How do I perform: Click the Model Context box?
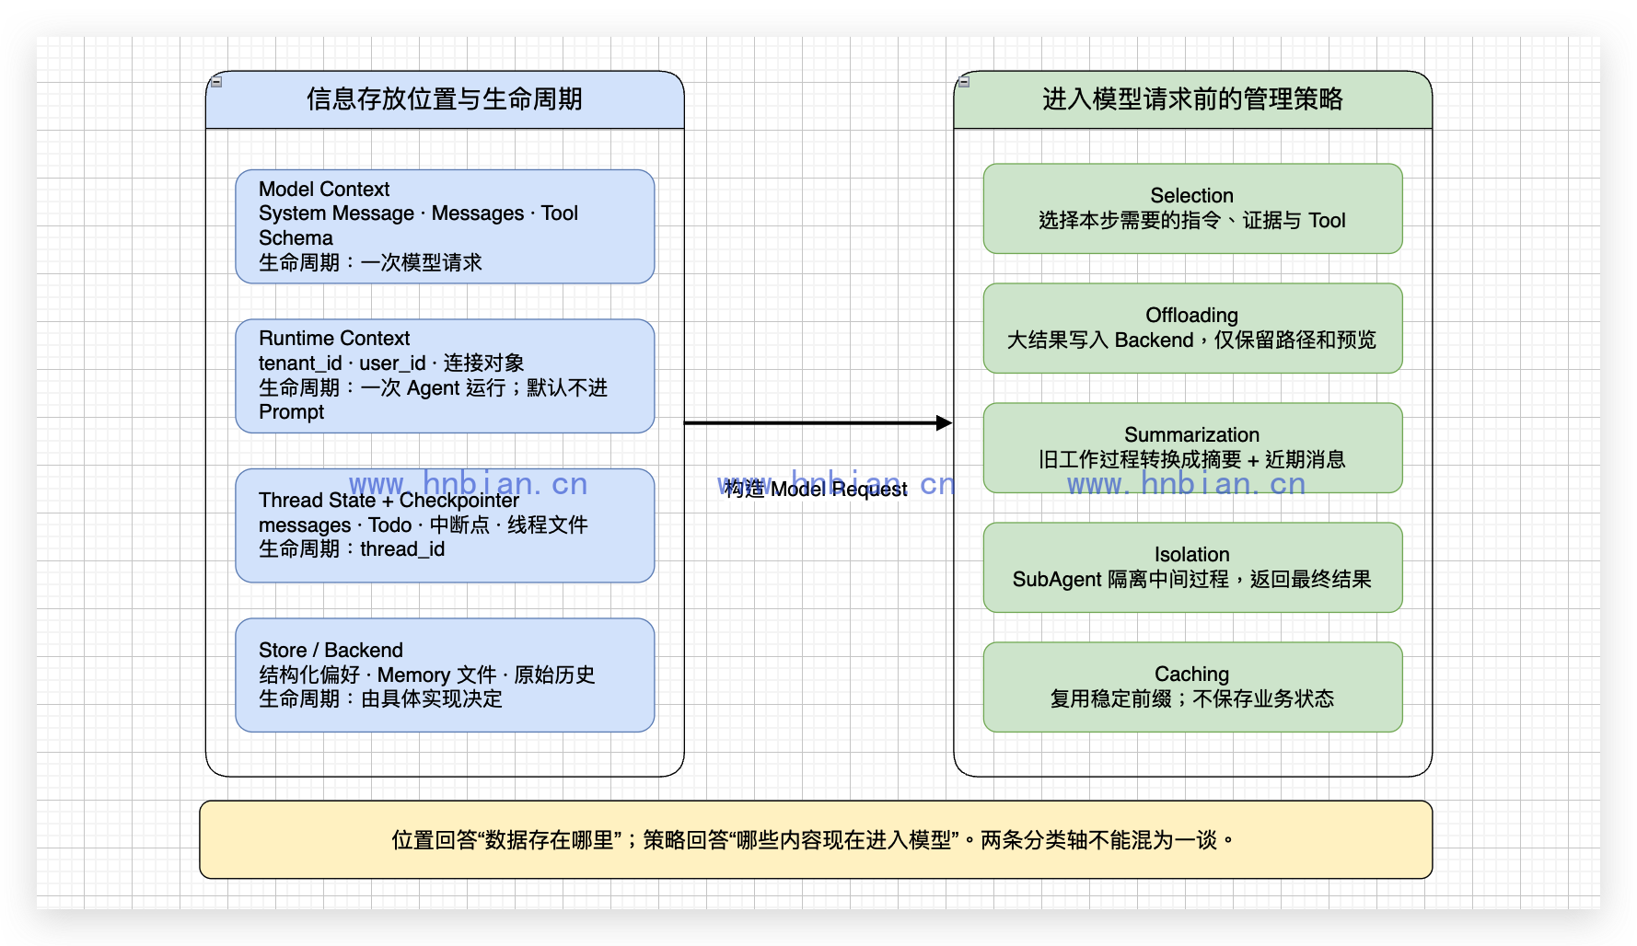(x=445, y=226)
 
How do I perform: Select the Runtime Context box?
(x=445, y=375)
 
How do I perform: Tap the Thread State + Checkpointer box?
(x=445, y=525)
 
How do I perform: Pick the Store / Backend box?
(x=445, y=675)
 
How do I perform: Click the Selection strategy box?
(x=1192, y=209)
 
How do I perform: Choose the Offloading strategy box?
(x=1192, y=329)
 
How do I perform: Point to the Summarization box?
(x=1192, y=448)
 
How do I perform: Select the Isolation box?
(x=1192, y=568)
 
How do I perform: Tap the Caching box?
(x=1192, y=687)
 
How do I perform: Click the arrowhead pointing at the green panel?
(x=945, y=423)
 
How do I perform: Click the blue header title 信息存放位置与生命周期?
(x=445, y=99)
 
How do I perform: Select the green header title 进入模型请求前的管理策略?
(x=1192, y=99)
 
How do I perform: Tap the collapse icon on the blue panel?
(x=216, y=82)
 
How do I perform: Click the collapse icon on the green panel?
(x=964, y=82)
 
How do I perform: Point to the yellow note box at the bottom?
(x=816, y=839)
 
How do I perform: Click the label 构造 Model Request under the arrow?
(x=816, y=489)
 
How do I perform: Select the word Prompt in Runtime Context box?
(x=291, y=412)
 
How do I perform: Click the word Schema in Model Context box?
(x=296, y=238)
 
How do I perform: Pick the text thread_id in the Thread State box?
(x=402, y=549)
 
